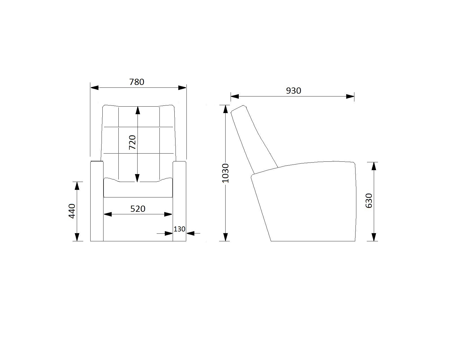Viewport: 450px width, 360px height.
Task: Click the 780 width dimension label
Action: [x=137, y=82]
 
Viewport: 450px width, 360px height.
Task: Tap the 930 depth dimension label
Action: [x=294, y=91]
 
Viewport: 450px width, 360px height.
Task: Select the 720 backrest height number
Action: [x=132, y=142]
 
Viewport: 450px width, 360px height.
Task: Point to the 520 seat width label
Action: [x=138, y=209]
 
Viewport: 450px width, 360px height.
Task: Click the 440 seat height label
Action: [x=72, y=211]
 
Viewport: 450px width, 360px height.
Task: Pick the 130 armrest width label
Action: [x=179, y=229]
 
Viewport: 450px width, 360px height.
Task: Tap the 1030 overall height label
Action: [x=225, y=173]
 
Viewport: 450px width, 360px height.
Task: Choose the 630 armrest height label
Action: [x=369, y=201]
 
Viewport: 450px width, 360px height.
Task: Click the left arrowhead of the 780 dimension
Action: [x=94, y=88]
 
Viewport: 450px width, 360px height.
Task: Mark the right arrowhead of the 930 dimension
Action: [x=350, y=96]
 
